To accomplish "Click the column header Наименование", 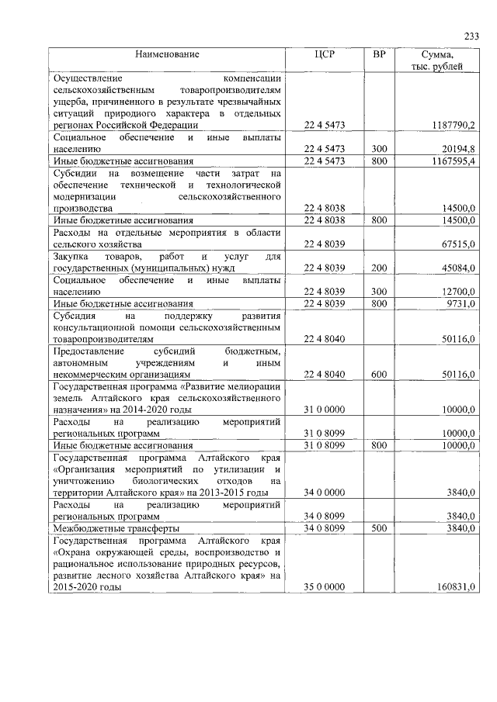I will tap(167, 54).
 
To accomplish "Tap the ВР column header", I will tap(379, 54).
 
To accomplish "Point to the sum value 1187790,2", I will tap(451, 125).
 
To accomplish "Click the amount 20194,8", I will tap(457, 148).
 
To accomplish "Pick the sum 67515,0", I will tap(457, 244).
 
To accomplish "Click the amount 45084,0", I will tap(457, 268).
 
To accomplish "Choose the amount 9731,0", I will tap(459, 303).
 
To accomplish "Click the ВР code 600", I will tap(379, 375).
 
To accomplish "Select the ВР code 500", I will tap(379, 528).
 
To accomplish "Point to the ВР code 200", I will tap(379, 268).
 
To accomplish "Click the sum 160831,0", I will tap(454, 587).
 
